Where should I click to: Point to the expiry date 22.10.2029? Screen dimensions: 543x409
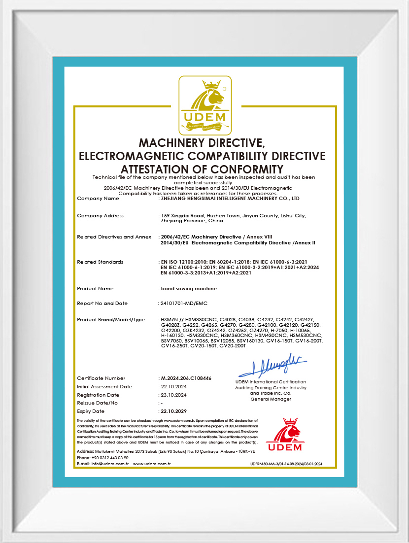point(174,411)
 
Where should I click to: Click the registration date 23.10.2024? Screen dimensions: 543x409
point(174,395)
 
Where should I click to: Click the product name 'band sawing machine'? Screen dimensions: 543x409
point(189,288)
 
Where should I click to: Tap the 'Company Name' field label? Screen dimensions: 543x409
point(98,199)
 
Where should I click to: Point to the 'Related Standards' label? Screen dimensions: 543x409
point(100,262)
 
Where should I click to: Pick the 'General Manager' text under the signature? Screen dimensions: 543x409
point(271,399)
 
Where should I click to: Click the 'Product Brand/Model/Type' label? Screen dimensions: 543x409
point(111,320)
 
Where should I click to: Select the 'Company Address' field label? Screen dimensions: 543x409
point(101,216)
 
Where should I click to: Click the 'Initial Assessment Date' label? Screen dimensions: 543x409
point(104,386)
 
